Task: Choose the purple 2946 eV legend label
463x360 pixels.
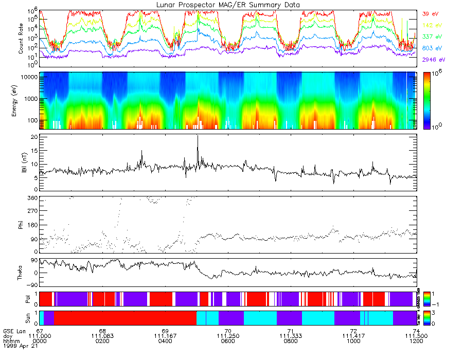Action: pos(433,60)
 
